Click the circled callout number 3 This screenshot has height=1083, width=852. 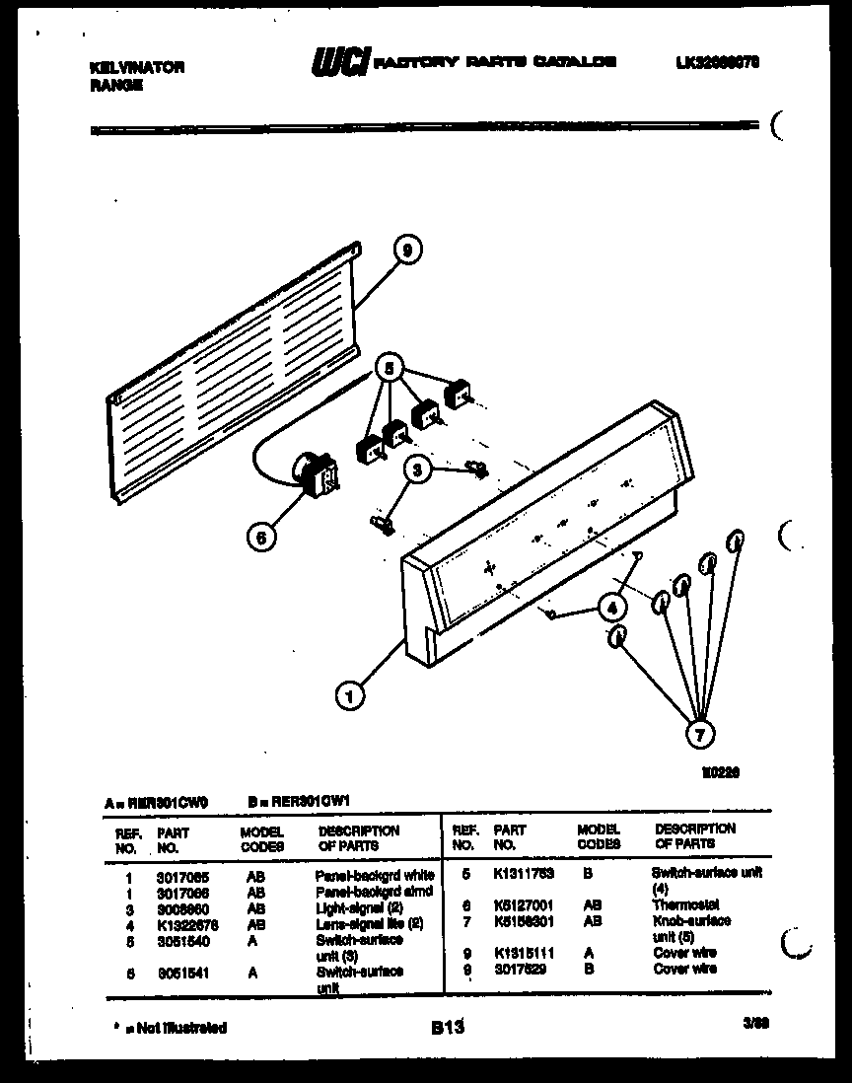point(418,471)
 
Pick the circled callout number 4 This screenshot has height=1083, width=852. point(612,606)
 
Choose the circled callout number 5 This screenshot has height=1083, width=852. point(390,369)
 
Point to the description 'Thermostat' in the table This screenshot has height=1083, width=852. point(684,904)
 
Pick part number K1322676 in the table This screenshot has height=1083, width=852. point(186,924)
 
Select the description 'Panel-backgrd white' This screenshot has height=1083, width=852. point(374,875)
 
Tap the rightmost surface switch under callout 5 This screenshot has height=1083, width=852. point(458,396)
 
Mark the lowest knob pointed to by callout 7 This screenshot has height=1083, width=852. point(615,638)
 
